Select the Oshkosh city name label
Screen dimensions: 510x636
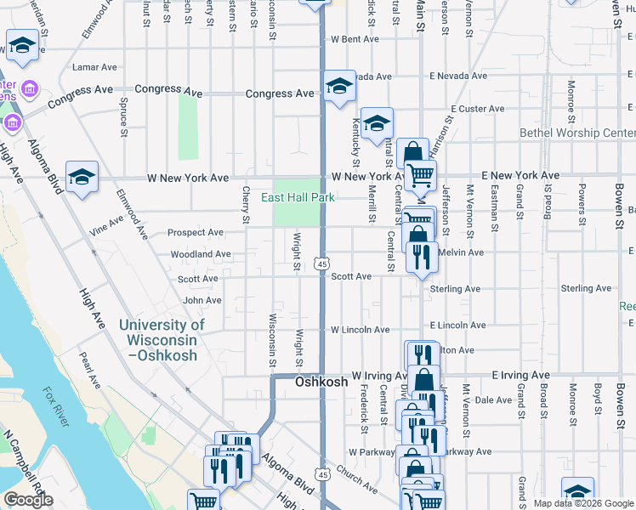tap(321, 382)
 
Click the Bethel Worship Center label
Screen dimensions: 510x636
tap(576, 133)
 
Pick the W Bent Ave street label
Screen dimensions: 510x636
tap(355, 39)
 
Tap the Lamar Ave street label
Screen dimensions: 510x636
tap(95, 66)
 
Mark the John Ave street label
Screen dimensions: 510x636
tap(202, 300)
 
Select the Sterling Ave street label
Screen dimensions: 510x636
tap(456, 289)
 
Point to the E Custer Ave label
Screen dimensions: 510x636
tap(478, 109)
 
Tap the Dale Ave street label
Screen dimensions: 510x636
tap(493, 399)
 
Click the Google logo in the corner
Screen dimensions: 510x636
tap(27, 501)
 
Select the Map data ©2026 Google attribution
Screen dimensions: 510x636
tap(582, 503)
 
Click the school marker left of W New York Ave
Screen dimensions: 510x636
tap(82, 177)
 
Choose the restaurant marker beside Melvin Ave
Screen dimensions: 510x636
tap(422, 255)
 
